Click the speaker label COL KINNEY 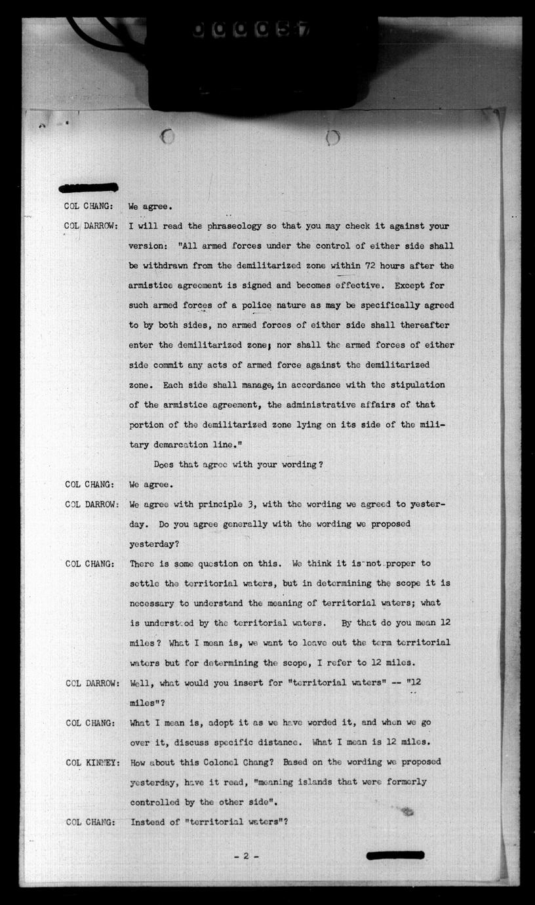[x=92, y=762]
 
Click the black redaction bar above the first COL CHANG [x=89, y=188]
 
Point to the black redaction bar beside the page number [x=395, y=855]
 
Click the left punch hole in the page [x=167, y=136]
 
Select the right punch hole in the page [x=332, y=137]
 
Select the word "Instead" [x=150, y=822]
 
